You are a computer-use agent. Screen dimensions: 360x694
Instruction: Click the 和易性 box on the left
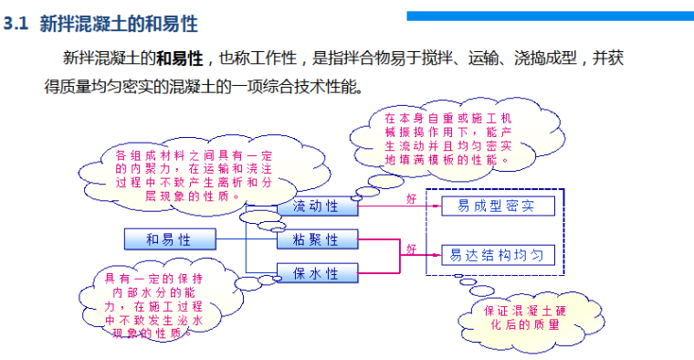tap(169, 240)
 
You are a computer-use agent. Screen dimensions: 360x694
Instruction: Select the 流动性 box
tap(316, 206)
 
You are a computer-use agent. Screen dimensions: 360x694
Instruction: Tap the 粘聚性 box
tap(316, 240)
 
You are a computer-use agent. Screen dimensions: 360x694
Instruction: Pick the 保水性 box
tap(316, 273)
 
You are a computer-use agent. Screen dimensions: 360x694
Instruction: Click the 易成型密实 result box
tap(497, 206)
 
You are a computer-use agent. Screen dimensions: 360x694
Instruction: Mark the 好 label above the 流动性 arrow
tap(410, 197)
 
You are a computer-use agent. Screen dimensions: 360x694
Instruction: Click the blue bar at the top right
tap(549, 16)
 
